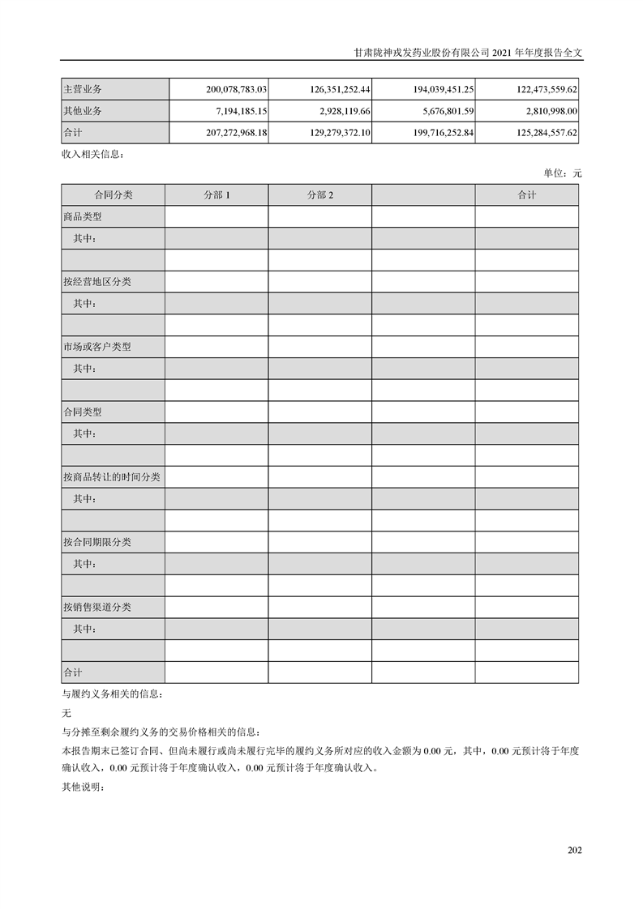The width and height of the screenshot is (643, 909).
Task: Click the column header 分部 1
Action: click(x=216, y=195)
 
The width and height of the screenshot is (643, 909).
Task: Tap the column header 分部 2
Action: click(x=320, y=195)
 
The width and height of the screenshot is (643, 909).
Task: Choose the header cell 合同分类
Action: click(x=113, y=195)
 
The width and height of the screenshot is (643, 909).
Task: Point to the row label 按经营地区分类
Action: click(x=96, y=282)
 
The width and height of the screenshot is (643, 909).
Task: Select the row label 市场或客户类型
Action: click(x=96, y=347)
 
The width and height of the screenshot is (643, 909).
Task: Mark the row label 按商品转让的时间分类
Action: click(x=111, y=477)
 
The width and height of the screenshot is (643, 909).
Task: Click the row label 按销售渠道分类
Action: click(x=96, y=607)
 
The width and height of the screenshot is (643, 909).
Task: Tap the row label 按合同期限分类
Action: click(x=96, y=542)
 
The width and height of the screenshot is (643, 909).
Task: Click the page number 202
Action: click(x=575, y=850)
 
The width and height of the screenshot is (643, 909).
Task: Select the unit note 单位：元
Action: click(x=563, y=173)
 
